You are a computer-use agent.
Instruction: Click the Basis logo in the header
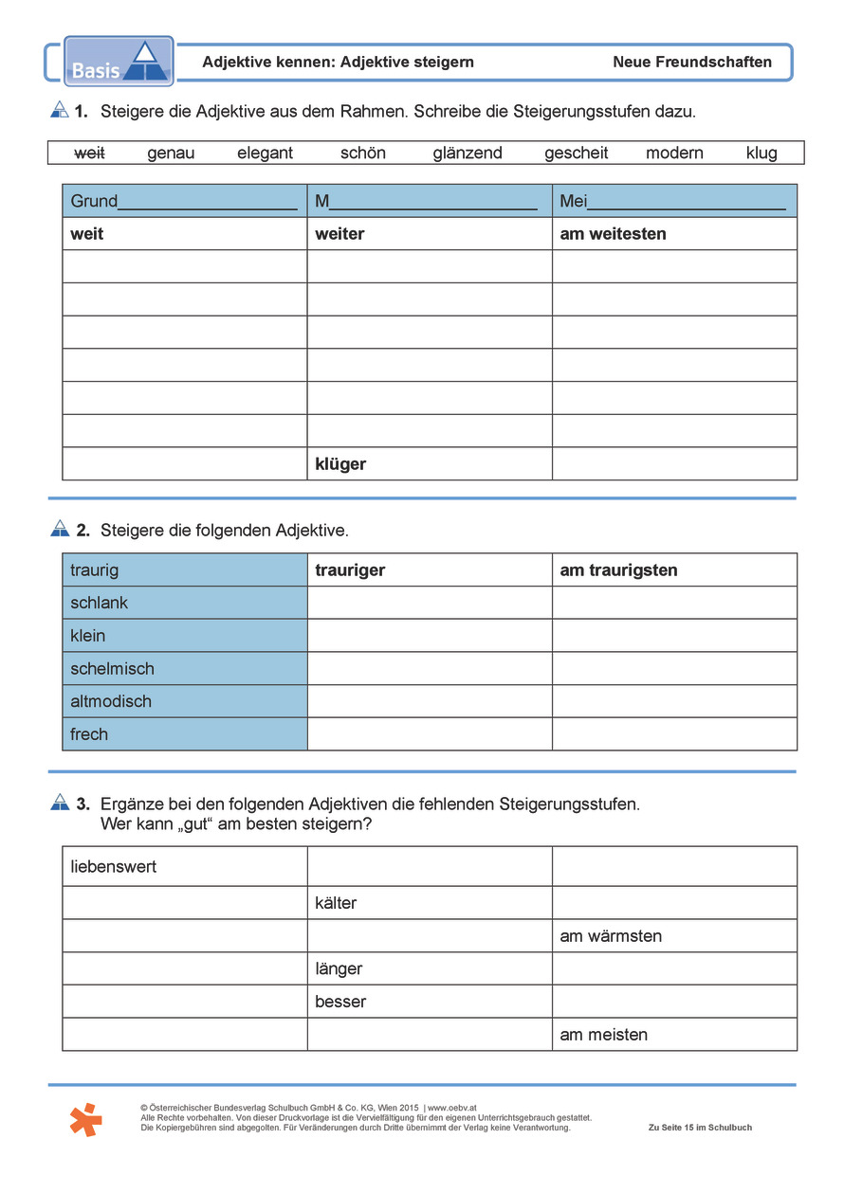[x=119, y=62]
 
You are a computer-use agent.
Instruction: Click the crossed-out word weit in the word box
[x=89, y=153]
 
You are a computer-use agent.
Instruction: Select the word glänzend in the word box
[x=468, y=153]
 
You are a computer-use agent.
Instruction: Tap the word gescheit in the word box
[x=577, y=153]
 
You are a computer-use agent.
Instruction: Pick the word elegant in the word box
[x=266, y=153]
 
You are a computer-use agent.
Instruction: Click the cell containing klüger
[x=430, y=463]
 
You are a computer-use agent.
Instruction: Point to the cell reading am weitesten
[x=674, y=233]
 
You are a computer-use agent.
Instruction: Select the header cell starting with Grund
[x=185, y=201]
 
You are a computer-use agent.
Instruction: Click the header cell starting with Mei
[x=674, y=201]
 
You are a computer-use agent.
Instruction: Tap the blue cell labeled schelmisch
[x=185, y=668]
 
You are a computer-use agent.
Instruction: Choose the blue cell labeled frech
[x=185, y=733]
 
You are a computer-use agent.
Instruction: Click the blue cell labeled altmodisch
[x=185, y=701]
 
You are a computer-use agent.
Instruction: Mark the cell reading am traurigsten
[x=674, y=569]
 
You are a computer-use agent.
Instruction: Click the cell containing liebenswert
[x=185, y=866]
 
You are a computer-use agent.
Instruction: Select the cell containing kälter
[x=430, y=903]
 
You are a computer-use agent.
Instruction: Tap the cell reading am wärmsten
[x=674, y=935]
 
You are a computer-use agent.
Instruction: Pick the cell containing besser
[x=430, y=1002]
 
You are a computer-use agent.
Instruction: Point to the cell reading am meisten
[x=674, y=1034]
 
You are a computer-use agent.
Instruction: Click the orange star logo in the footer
[x=85, y=1119]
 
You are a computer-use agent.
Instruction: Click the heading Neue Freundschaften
[x=692, y=63]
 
